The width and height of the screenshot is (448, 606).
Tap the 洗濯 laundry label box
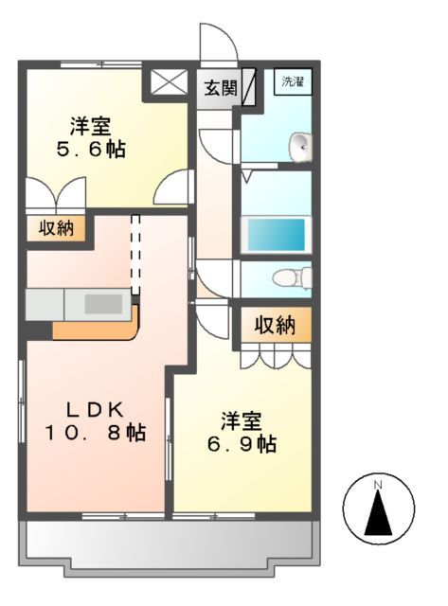tap(292, 81)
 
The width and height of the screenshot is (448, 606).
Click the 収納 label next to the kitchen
tap(56, 228)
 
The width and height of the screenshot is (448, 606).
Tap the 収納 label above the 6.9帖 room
tap(275, 325)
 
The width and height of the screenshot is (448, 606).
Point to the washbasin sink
tap(299, 145)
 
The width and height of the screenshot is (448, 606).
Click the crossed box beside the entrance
tap(170, 83)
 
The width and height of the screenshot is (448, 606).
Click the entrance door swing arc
tap(215, 43)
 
